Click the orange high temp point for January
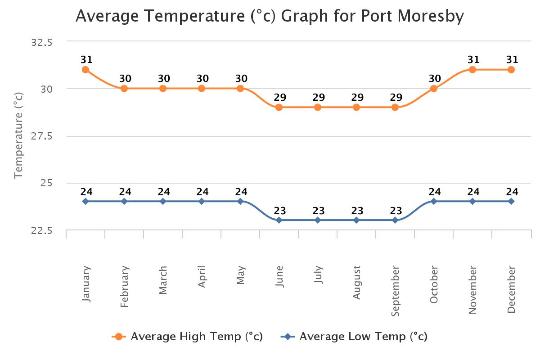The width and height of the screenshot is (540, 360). coord(85,70)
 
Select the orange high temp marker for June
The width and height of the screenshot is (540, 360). coord(279,107)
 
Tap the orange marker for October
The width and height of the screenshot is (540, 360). coord(434,89)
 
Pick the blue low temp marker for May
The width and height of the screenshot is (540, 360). coord(240,201)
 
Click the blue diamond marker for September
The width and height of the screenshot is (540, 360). coord(395,220)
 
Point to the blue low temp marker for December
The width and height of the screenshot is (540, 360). coord(511,201)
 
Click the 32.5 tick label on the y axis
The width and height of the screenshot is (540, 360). coord(41,42)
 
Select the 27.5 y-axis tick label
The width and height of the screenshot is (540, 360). coord(41,136)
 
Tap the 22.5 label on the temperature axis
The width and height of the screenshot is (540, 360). coord(41,230)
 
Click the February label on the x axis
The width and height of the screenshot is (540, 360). coord(125,287)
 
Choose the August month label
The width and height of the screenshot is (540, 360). coord(357,283)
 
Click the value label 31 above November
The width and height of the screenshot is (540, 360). coord(473,60)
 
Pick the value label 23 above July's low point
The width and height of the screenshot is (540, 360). coord(319,211)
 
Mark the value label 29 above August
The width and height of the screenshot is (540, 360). coord(357,98)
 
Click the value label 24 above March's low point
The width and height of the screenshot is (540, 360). coord(163,192)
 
